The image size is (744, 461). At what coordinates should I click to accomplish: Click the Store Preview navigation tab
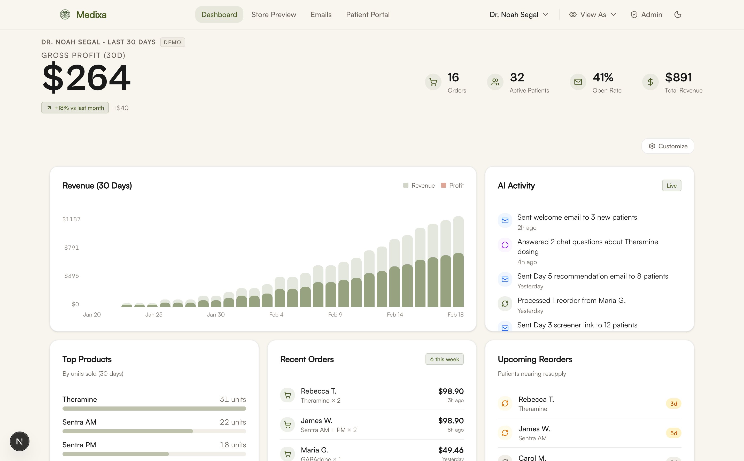click(273, 15)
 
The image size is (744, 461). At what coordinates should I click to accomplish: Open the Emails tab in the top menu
click(321, 15)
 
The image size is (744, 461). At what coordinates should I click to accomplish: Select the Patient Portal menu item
click(368, 15)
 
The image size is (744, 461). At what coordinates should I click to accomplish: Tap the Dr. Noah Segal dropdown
click(519, 15)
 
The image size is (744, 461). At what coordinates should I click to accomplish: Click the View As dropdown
click(593, 15)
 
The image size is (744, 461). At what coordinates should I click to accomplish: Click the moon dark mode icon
click(678, 15)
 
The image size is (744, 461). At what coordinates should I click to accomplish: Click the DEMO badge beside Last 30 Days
click(173, 42)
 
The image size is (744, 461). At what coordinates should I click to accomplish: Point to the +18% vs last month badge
click(75, 108)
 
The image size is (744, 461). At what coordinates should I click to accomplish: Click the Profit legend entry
click(452, 185)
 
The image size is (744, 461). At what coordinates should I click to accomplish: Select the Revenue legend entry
click(419, 185)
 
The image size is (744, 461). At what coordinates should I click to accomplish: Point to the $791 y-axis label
click(72, 248)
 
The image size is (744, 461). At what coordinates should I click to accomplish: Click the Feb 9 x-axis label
click(335, 314)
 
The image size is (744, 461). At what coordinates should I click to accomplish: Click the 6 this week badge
click(444, 359)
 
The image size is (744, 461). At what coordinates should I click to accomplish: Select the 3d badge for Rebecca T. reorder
click(673, 404)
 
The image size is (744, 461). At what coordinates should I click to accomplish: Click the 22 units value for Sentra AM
click(233, 422)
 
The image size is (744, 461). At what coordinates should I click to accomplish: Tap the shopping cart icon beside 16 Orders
click(433, 82)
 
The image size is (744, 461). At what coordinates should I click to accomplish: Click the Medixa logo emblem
click(65, 15)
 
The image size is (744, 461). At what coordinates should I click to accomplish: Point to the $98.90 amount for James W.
click(451, 420)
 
